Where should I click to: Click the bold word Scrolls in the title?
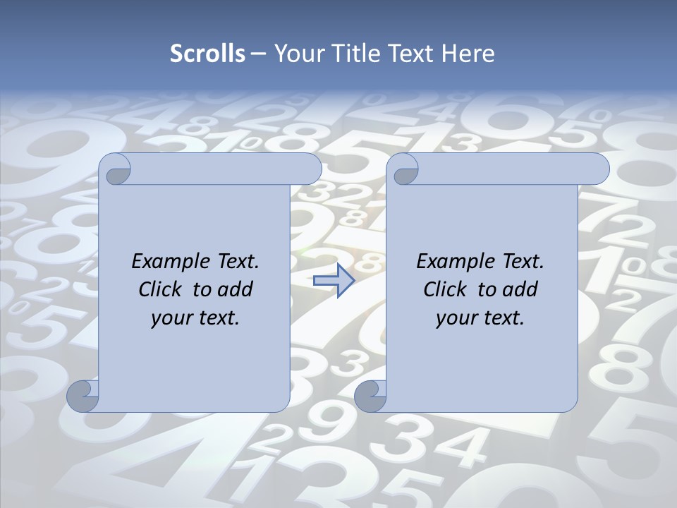click(207, 54)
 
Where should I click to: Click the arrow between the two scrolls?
click(334, 281)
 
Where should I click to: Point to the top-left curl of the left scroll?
click(116, 169)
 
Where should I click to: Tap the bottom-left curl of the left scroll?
click(82, 396)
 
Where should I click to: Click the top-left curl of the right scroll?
click(404, 169)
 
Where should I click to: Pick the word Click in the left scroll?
click(159, 289)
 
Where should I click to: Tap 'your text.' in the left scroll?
click(195, 317)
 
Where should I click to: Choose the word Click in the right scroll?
click(444, 289)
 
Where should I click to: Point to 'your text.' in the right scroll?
click(480, 317)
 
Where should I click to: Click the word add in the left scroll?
click(235, 289)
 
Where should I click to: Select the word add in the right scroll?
click(520, 289)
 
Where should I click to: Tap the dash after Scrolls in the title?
click(258, 54)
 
